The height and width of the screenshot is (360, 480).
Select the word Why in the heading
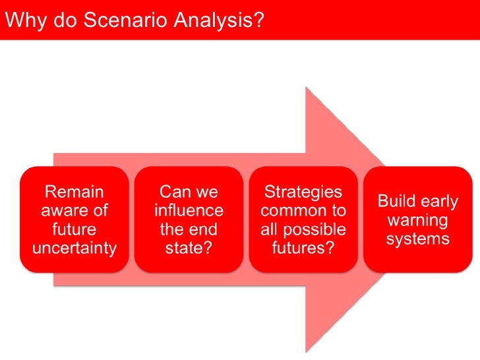coord(24,20)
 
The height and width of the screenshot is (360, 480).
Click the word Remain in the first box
coord(74,193)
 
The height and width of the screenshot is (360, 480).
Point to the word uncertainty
coord(74,249)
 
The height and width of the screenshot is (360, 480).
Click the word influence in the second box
coord(189,211)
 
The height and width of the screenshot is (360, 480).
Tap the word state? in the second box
coord(189,249)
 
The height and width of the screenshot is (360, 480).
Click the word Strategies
coord(303,192)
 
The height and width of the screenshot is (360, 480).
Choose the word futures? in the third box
coord(303,249)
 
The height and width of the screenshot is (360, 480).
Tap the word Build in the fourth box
coord(398,202)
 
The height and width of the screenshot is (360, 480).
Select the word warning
coord(418,220)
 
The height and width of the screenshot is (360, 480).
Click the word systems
coord(418,239)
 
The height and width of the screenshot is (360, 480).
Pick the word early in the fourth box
coord(440,202)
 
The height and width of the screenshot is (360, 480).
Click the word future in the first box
coord(74,230)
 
